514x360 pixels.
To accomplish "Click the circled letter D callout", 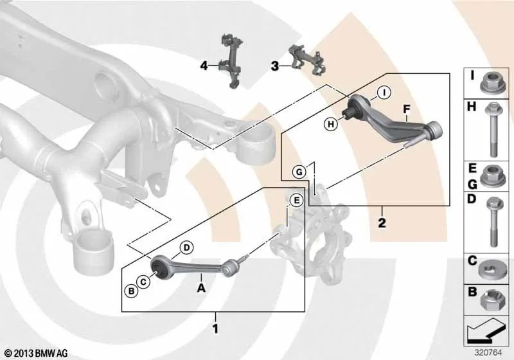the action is (x=186, y=248).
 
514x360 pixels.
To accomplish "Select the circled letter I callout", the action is (x=384, y=93).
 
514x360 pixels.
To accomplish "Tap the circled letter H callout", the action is (x=331, y=124).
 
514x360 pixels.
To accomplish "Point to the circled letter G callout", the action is (x=299, y=172).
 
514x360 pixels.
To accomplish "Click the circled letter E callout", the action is (x=296, y=201).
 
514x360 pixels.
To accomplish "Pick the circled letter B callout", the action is (x=132, y=291).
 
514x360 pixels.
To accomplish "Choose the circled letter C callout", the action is (x=143, y=282).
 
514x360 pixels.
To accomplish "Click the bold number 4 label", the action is (x=204, y=66).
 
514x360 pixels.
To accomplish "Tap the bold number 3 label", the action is (x=275, y=66).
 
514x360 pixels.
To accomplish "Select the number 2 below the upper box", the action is (x=382, y=223).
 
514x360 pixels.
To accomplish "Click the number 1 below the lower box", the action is (x=215, y=328).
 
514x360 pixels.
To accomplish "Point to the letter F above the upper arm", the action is (x=407, y=109).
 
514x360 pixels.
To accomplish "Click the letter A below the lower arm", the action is (x=201, y=288).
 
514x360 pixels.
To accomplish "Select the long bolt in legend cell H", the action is (x=492, y=129).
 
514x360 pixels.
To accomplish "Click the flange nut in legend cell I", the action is (x=490, y=82).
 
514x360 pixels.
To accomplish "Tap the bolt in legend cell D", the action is (x=493, y=222).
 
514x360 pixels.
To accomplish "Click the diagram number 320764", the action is (x=488, y=353).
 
